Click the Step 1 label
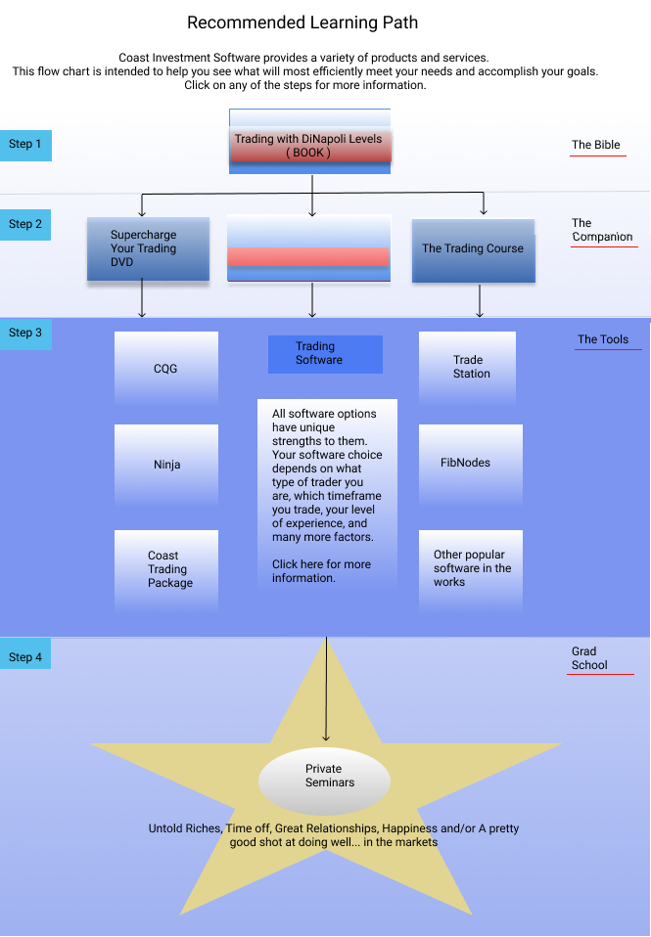point(25,145)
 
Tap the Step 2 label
point(25,225)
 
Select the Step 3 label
point(25,334)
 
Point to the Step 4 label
point(25,653)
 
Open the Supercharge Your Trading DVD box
point(149,248)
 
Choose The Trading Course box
point(473,250)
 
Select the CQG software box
point(166,368)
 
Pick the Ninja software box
point(166,465)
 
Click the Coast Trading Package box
point(166,570)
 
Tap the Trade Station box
point(467,368)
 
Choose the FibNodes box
point(471,465)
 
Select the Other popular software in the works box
point(471,570)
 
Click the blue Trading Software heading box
point(325,354)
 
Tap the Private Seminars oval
point(324,781)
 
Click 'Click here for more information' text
point(322,571)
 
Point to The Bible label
point(596,145)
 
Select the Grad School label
point(589,658)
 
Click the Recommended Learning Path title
point(302,22)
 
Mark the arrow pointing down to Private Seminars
point(326,690)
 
